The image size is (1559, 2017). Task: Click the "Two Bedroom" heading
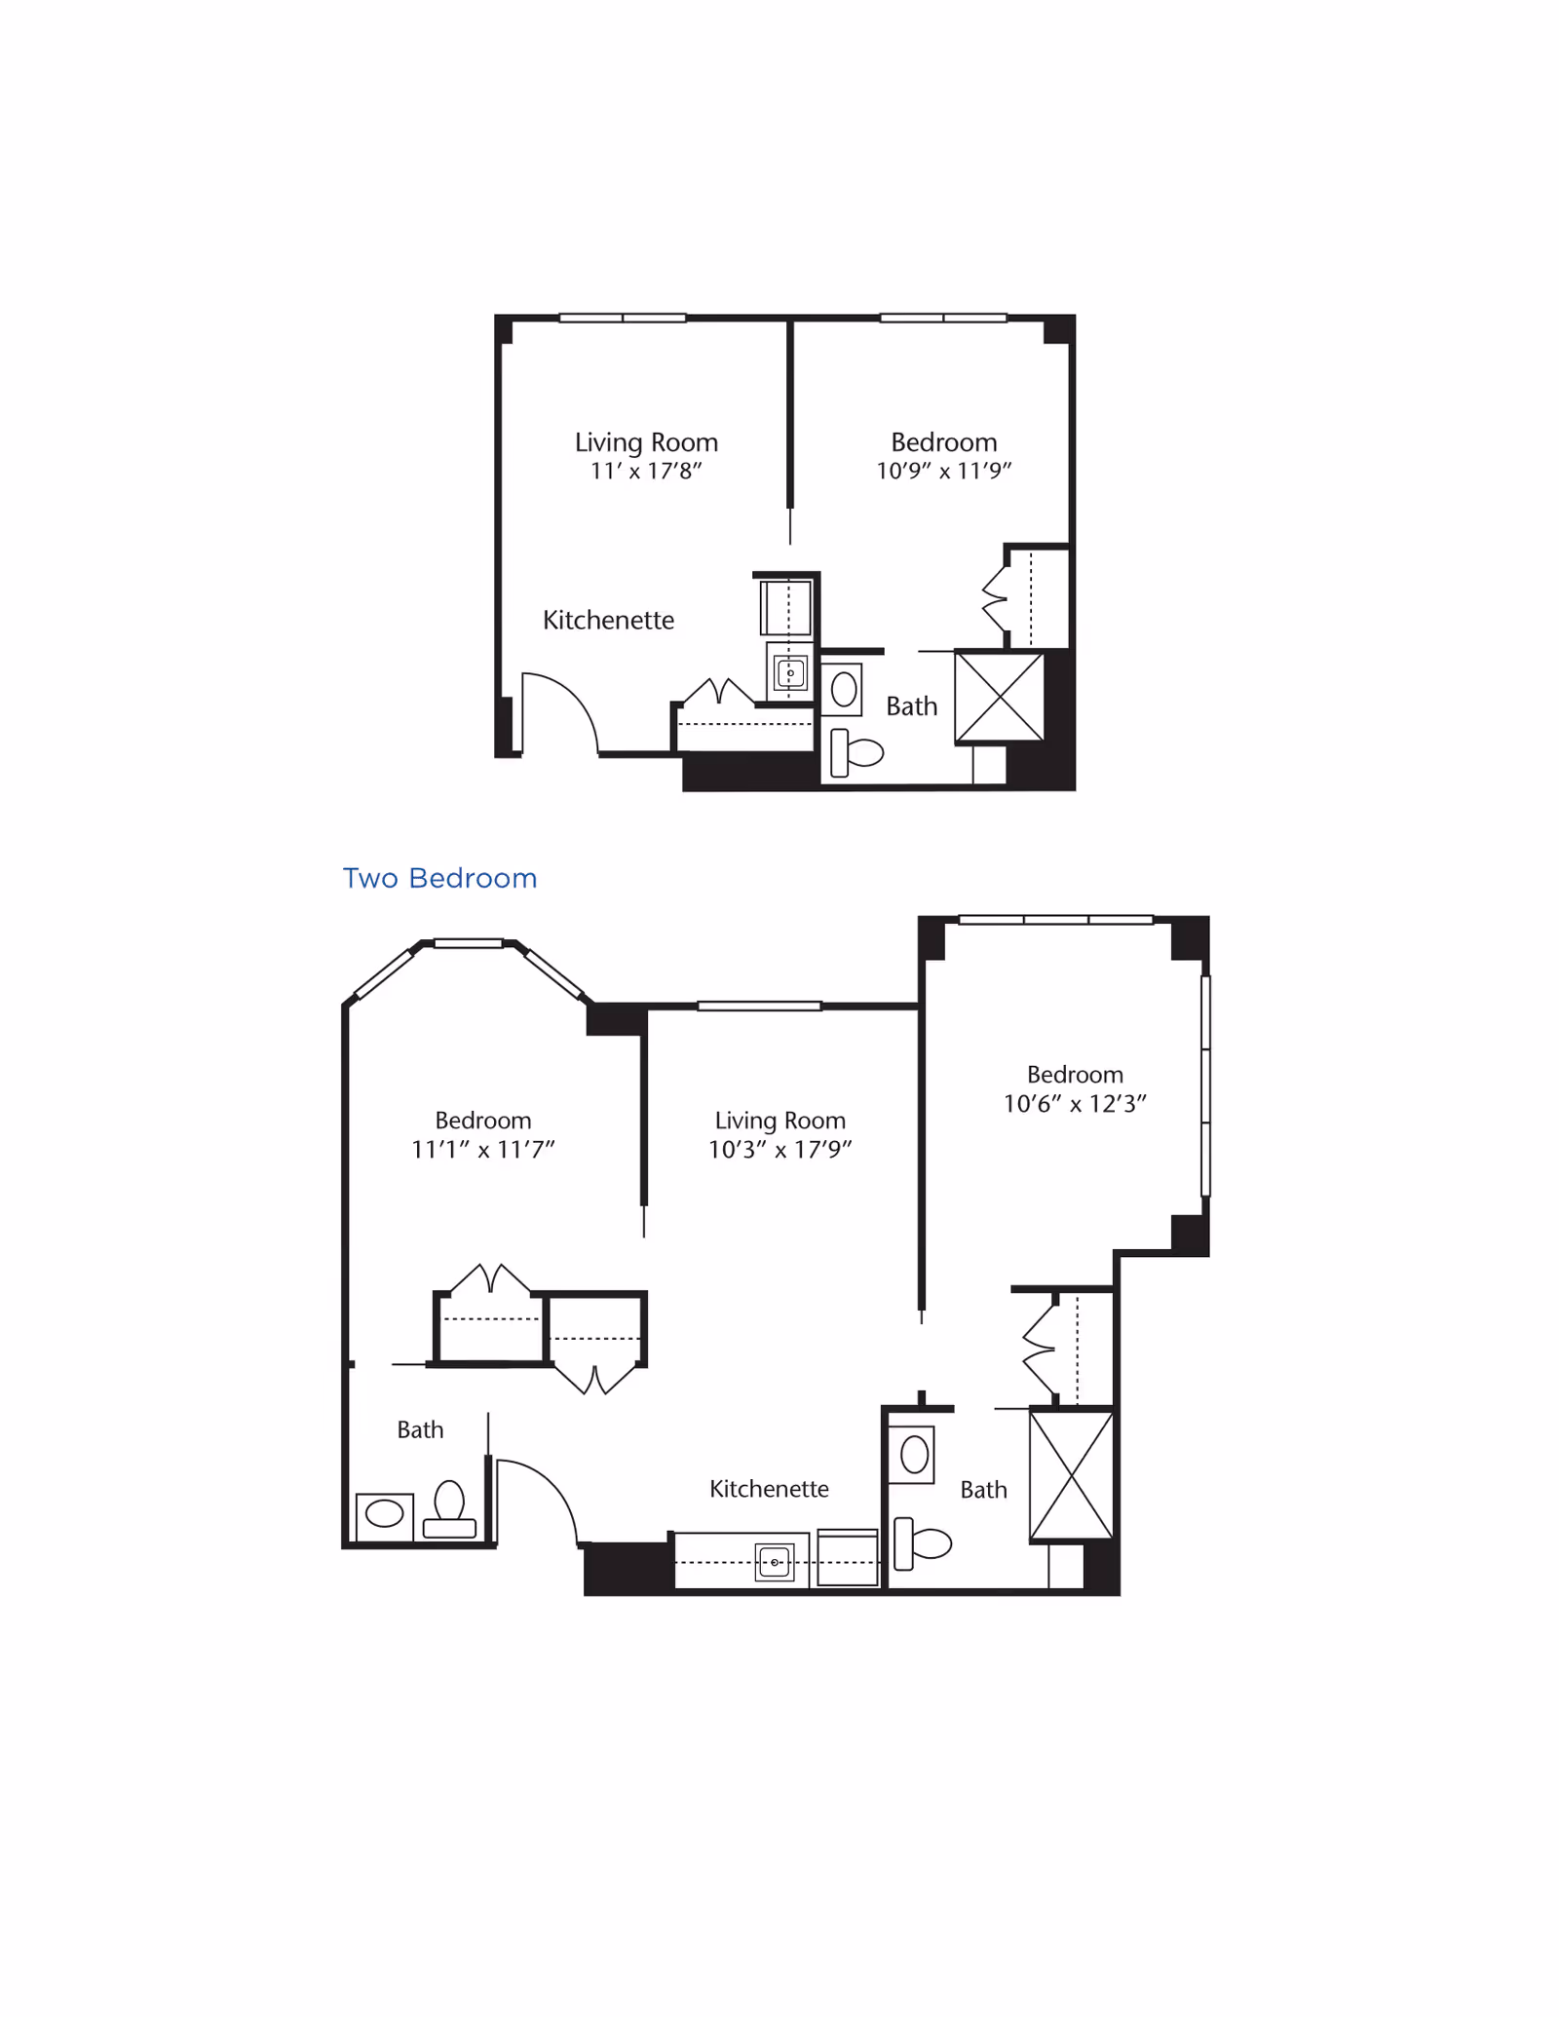[439, 878]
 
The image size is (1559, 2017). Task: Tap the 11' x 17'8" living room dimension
[646, 472]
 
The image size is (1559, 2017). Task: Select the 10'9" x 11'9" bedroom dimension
[943, 472]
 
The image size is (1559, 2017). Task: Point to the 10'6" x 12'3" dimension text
[1075, 1104]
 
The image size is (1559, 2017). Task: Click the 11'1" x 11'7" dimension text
[482, 1150]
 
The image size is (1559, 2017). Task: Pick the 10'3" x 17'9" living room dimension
[779, 1150]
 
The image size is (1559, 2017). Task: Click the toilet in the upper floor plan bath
[856, 752]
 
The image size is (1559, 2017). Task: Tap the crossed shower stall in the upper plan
[999, 697]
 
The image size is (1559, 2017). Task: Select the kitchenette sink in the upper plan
[790, 672]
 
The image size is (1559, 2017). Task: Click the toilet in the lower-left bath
[449, 1509]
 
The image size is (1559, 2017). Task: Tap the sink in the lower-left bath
[384, 1513]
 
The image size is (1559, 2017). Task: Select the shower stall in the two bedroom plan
[1071, 1475]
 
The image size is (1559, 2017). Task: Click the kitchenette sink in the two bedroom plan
[775, 1562]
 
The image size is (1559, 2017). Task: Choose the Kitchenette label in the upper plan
[608, 621]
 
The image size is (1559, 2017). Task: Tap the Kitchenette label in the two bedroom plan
[769, 1489]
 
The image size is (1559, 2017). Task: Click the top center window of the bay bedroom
[469, 943]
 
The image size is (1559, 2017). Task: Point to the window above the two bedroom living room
[759, 1006]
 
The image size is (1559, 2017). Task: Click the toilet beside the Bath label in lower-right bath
[922, 1543]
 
